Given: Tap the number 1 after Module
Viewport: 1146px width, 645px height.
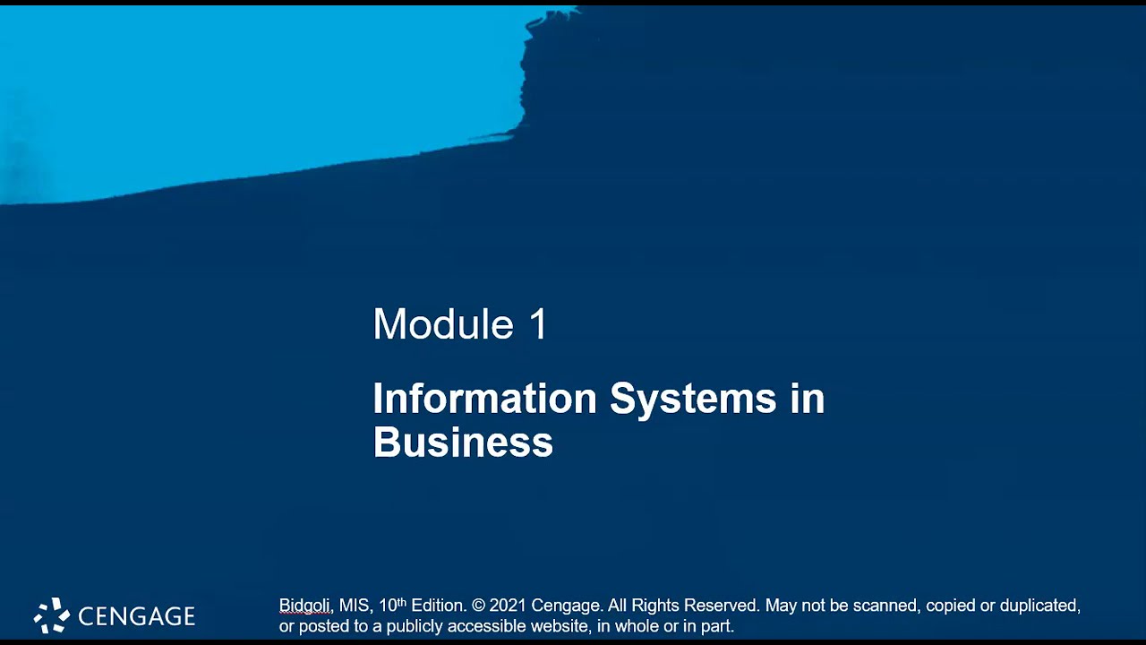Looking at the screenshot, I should point(538,324).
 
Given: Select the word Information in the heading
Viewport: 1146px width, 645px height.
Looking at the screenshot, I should point(484,399).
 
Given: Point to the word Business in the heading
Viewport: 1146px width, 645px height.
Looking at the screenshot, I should point(463,443).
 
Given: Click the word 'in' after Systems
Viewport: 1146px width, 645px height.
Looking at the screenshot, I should point(808,399).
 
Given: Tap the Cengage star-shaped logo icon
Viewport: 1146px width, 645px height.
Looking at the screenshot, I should point(52,615).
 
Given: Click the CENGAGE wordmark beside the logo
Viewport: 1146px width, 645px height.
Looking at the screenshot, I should point(136,616).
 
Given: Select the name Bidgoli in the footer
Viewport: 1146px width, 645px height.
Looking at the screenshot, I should point(304,606).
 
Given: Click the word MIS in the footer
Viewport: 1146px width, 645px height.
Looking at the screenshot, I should point(354,606).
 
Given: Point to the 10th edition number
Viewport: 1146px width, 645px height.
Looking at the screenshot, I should point(392,606).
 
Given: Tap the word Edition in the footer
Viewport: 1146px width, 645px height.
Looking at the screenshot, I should point(438,606).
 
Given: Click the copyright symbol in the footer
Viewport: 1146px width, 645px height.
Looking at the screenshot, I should point(478,606).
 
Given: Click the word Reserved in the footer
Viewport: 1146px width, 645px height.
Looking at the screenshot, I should point(721,606).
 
